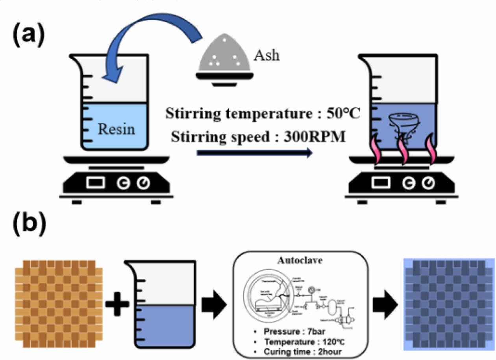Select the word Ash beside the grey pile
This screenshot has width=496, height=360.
(267, 55)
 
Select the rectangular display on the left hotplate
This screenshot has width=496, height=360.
(96, 182)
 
